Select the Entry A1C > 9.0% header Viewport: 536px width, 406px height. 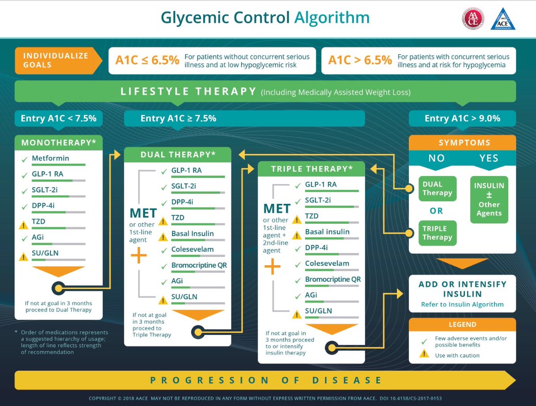click(x=462, y=118)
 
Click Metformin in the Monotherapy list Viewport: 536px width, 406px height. click(x=50, y=158)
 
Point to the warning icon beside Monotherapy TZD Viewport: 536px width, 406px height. click(x=23, y=225)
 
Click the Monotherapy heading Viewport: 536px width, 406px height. click(x=59, y=142)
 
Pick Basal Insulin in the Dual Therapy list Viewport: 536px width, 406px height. click(x=193, y=234)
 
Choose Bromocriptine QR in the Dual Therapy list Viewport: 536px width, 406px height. click(x=199, y=265)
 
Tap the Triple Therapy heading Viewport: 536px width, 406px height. click(x=312, y=169)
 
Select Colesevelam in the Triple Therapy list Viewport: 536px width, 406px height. click(x=327, y=264)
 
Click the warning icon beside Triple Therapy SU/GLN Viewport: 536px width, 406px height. click(x=296, y=314)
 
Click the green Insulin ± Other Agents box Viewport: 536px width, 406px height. click(x=489, y=200)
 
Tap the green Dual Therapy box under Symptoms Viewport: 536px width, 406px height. click(x=437, y=188)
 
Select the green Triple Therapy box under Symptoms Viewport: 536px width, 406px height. click(x=437, y=233)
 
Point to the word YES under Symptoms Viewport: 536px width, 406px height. click(x=489, y=159)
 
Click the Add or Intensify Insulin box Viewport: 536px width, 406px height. click(x=462, y=293)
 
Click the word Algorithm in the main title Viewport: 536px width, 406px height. click(x=331, y=18)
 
